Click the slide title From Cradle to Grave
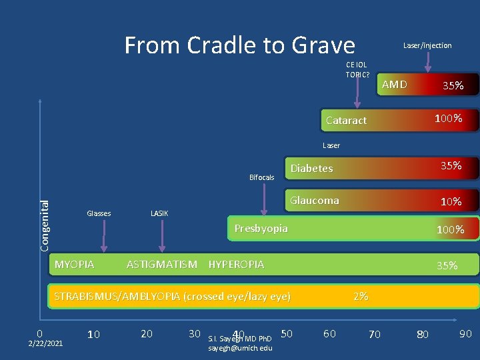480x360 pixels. tap(239, 45)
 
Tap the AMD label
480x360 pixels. tap(394, 84)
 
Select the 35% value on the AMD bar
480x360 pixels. tap(453, 85)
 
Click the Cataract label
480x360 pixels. tap(346, 121)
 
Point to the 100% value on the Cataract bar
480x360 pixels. tap(448, 119)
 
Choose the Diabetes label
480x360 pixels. tap(311, 168)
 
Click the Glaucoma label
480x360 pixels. tap(314, 200)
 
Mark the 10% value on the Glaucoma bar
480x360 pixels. tap(451, 201)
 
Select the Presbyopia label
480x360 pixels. tap(261, 229)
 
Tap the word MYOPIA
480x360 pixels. tap(74, 265)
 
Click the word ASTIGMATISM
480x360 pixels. tap(162, 265)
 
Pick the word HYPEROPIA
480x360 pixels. tap(236, 265)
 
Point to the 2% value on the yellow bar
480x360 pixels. tap(361, 296)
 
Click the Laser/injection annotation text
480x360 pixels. tap(427, 45)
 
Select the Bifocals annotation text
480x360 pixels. tap(261, 177)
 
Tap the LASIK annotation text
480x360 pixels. tap(159, 213)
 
